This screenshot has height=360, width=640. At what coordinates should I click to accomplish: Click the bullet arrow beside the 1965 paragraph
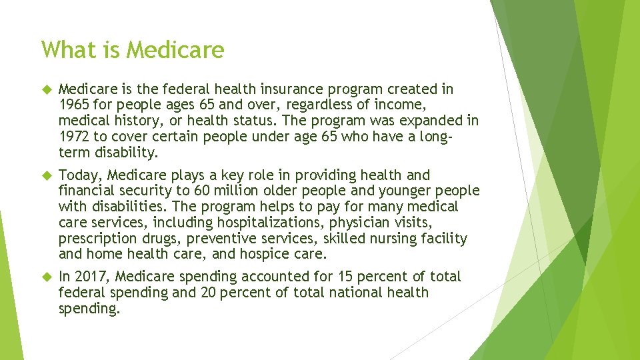pyautogui.click(x=45, y=89)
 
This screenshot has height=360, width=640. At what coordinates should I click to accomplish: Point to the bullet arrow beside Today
pyautogui.click(x=45, y=175)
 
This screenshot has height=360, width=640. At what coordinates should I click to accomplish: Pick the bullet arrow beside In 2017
pyautogui.click(x=45, y=277)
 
